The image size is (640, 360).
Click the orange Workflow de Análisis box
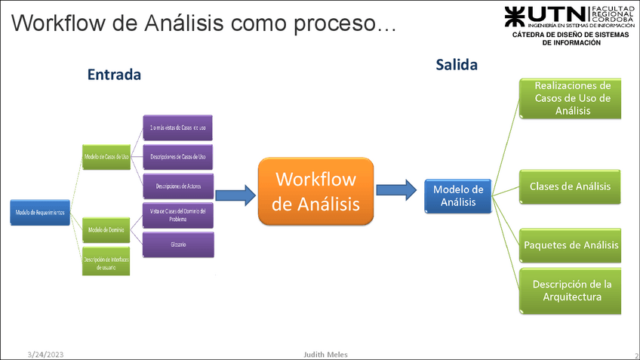[315, 191]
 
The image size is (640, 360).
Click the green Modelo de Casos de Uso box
[106, 156]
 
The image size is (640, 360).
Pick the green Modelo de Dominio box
[106, 229]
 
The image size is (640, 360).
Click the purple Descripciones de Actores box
[178, 186]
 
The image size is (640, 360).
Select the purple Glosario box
[178, 245]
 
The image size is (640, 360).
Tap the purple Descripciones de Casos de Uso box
[178, 156]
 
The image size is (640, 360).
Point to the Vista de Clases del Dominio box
[178, 215]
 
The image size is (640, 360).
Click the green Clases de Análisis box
[570, 186]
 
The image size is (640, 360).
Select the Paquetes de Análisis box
[570, 245]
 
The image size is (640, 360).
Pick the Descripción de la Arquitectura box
[570, 291]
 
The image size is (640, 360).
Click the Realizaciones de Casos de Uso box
[570, 98]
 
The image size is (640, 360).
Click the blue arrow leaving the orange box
[397, 190]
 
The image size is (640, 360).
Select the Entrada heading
[114, 75]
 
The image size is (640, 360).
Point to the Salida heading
[457, 65]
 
